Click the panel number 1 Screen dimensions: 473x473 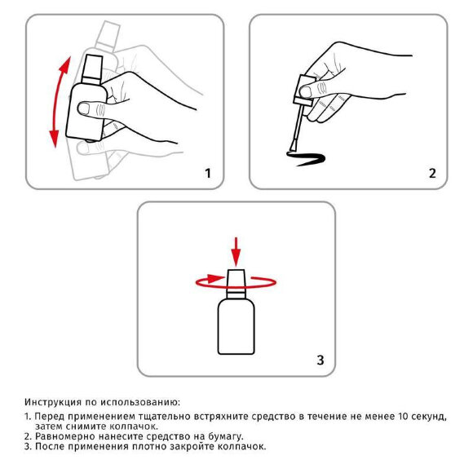click(207, 174)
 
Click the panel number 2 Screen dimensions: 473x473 click(432, 174)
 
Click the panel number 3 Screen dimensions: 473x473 click(320, 360)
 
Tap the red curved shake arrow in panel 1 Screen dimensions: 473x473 click(55, 103)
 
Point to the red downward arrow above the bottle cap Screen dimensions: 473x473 click(236, 252)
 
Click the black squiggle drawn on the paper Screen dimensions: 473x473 click(306, 158)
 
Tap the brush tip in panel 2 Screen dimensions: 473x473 click(293, 148)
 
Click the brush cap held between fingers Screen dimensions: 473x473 click(304, 91)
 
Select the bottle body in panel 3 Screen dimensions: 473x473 click(236, 327)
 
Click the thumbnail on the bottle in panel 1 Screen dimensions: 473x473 click(83, 108)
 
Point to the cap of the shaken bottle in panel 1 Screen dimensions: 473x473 click(92, 70)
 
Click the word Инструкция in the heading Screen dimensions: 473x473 click(53, 402)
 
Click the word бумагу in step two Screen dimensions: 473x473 click(226, 436)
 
